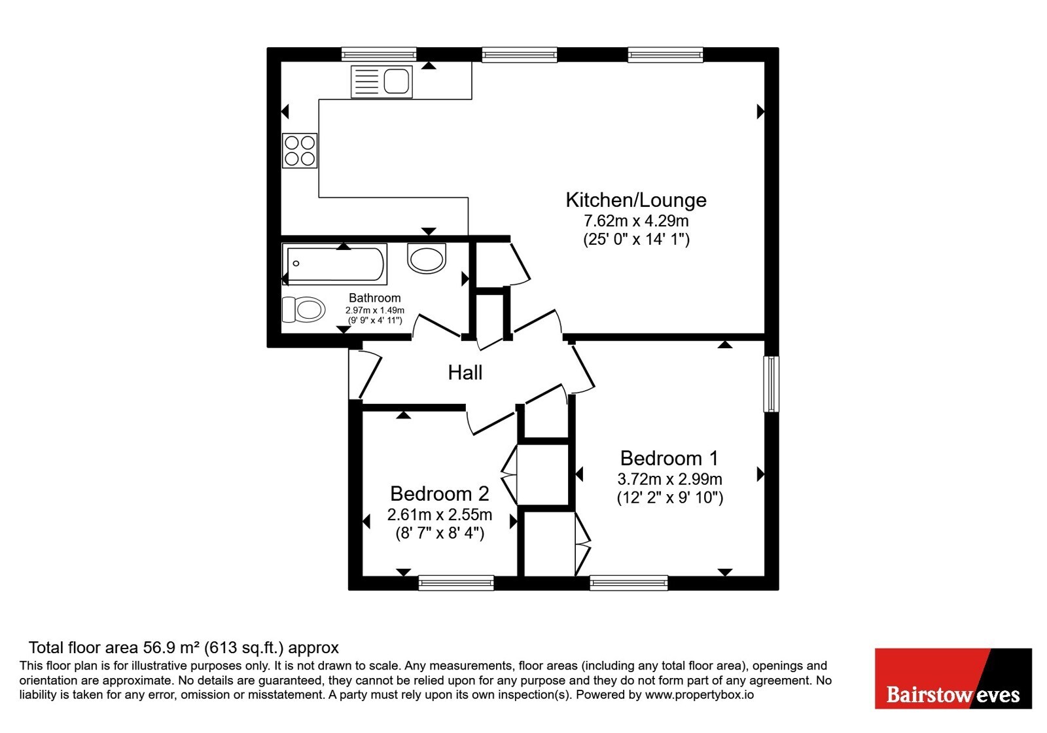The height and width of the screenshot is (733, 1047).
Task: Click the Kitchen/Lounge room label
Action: coord(635,200)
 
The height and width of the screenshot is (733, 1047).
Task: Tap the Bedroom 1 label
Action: coord(669,458)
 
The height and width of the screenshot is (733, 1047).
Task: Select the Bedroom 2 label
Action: coord(439,493)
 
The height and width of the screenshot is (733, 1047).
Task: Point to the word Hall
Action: coord(465,372)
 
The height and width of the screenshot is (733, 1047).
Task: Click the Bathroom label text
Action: coord(374,298)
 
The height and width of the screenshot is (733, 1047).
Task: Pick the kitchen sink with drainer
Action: coord(382,82)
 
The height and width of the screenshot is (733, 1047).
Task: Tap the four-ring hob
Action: coord(300,151)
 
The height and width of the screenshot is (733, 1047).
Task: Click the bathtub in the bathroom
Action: coord(334,264)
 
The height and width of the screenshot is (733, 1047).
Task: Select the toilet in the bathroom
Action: coord(304,309)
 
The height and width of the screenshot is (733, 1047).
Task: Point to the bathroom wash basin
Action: coord(426,258)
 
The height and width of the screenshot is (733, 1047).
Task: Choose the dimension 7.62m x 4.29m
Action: coord(635,221)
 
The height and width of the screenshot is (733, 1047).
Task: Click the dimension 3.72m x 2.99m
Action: coord(669,479)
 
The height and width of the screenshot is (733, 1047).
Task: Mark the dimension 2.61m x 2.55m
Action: coord(439,514)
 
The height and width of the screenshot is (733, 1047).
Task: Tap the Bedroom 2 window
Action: coord(456,582)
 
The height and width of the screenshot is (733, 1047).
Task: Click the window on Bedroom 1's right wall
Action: coord(772,384)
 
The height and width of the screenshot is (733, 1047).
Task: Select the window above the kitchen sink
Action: coord(379,54)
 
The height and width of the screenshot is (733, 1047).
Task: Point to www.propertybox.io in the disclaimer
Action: coord(700,694)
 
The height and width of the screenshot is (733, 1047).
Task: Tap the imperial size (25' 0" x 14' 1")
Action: coord(636,240)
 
